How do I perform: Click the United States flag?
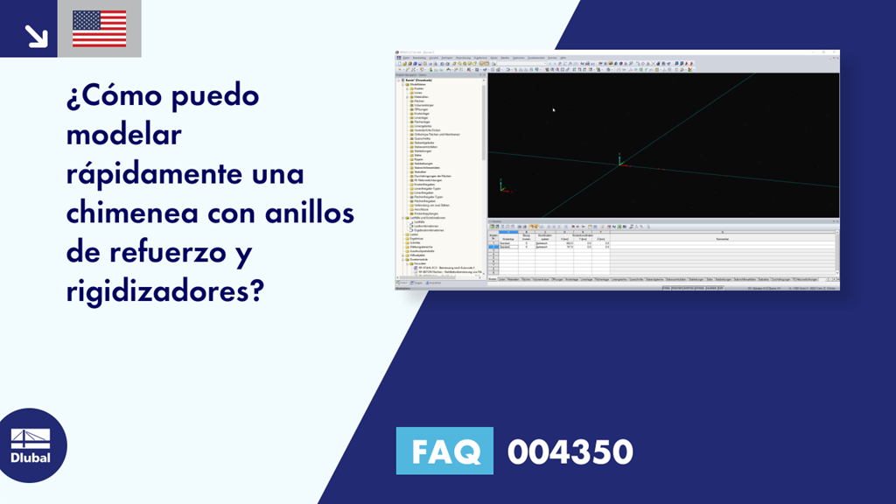coord(99,28)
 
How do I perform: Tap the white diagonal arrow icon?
coord(36,34)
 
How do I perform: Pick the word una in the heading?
coord(277,173)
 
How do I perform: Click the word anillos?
coord(323,212)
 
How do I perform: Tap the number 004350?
coord(570,452)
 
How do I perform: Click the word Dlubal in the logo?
coord(30,457)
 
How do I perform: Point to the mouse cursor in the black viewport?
coord(553,109)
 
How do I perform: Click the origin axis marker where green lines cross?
coord(619,162)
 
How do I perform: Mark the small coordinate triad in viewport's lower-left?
coord(501,185)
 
